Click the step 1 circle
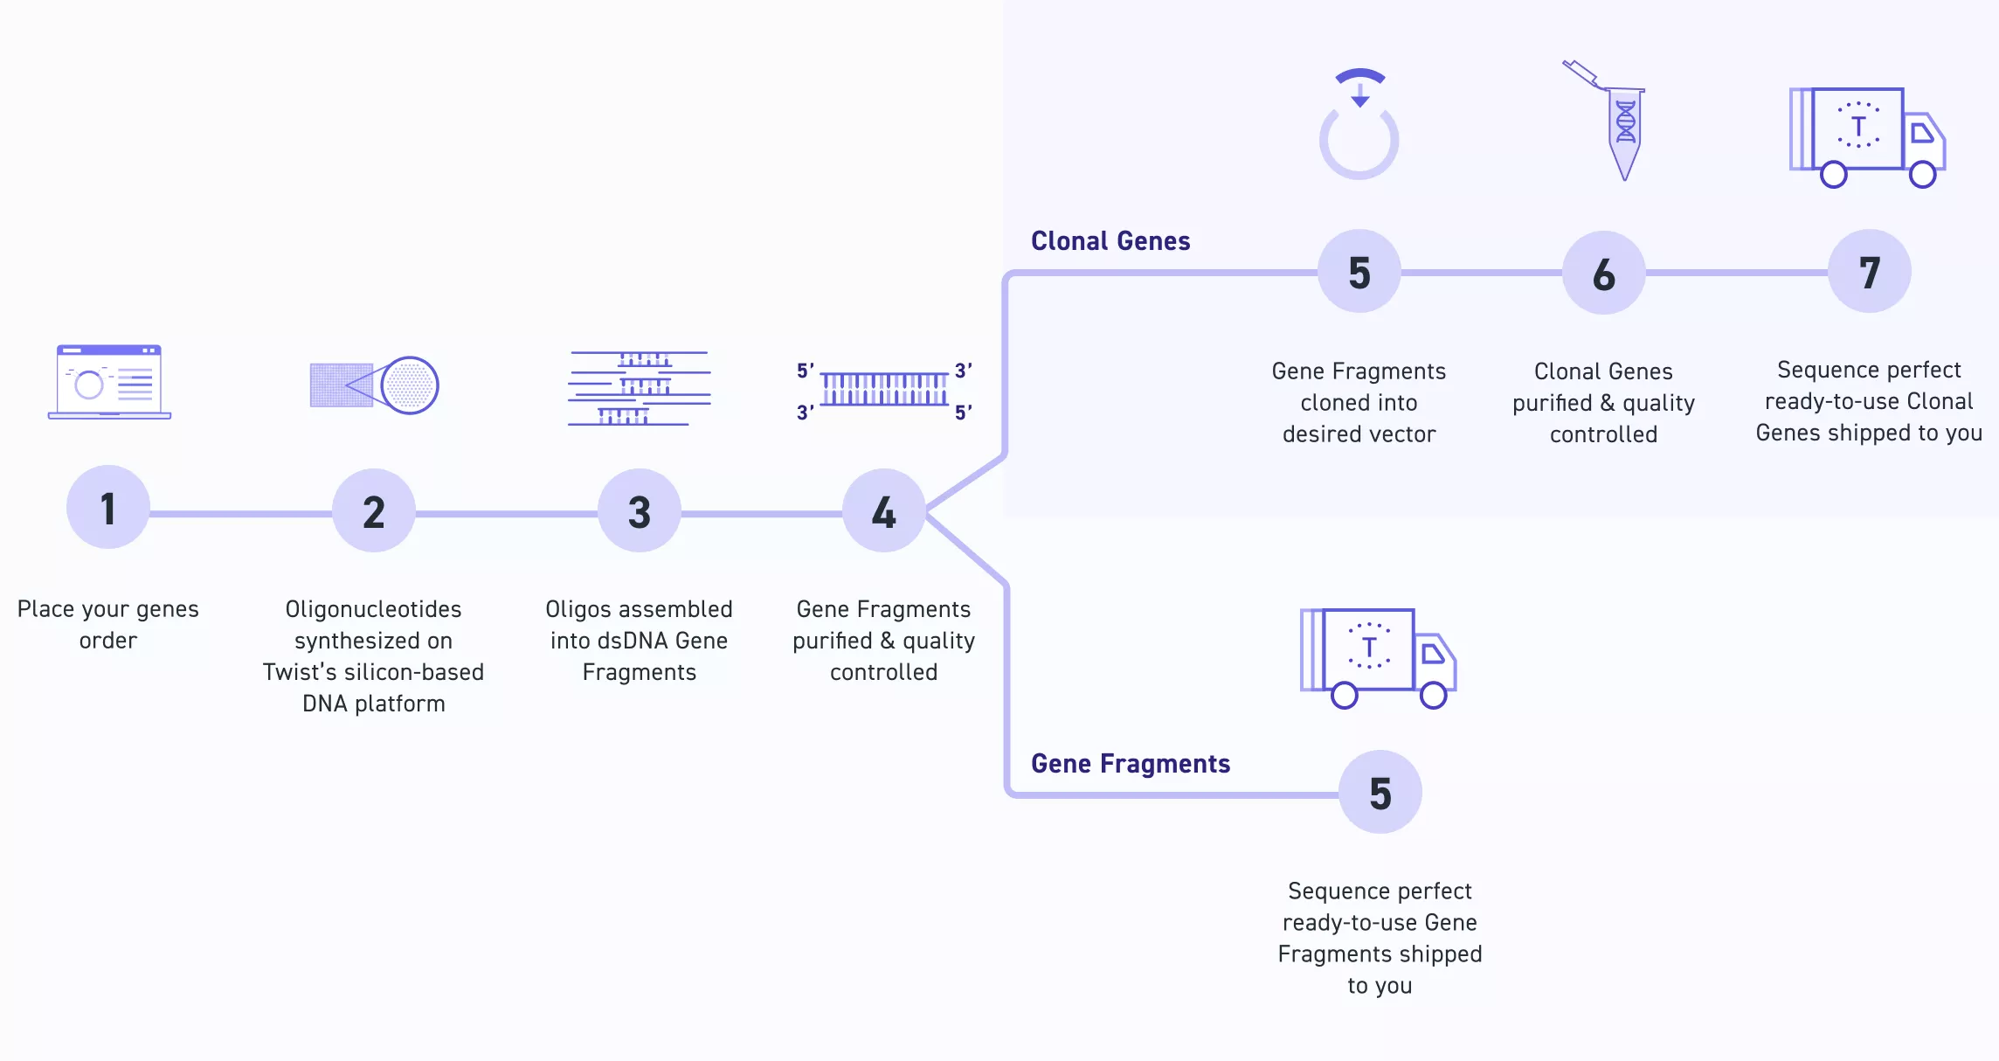(108, 508)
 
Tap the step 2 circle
(374, 511)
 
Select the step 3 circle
(640, 511)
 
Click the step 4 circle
(884, 511)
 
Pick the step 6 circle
(1604, 274)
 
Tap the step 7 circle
(1870, 272)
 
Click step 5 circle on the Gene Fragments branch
(1380, 793)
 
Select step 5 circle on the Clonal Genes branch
(1359, 272)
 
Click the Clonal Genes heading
(1110, 241)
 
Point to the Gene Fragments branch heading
(1131, 764)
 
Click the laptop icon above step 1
(109, 382)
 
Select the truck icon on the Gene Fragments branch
(1378, 658)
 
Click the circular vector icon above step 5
(1359, 127)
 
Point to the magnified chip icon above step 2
(374, 385)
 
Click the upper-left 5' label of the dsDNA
(805, 371)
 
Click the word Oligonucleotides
(373, 609)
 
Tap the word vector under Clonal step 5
(1401, 434)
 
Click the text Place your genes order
(108, 624)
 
